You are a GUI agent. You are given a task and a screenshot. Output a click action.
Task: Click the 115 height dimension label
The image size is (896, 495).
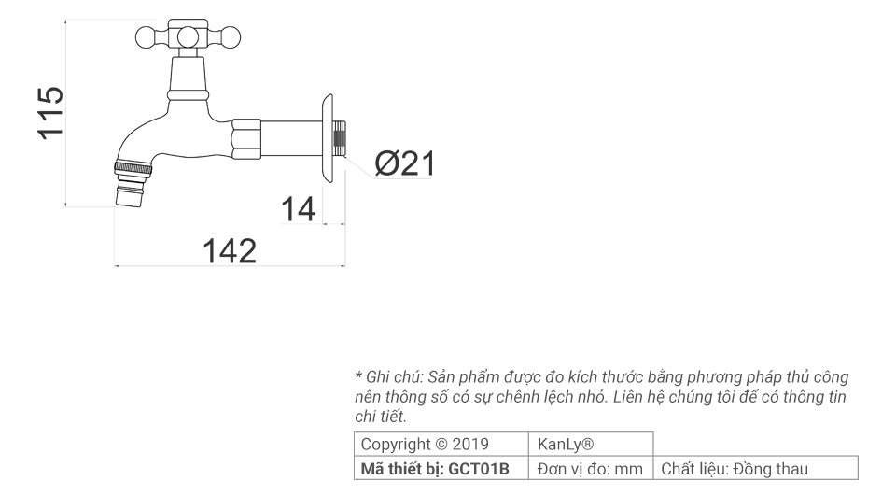point(50,112)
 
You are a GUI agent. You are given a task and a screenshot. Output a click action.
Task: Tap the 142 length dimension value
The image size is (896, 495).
point(230,250)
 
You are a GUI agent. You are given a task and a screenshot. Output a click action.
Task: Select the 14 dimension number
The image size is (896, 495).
point(300,209)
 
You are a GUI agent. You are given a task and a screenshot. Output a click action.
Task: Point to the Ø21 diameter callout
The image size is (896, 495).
point(405,164)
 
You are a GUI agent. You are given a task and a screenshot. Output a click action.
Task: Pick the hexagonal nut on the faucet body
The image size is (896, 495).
point(246,140)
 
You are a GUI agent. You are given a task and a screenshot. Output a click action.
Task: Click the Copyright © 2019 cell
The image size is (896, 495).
point(425,444)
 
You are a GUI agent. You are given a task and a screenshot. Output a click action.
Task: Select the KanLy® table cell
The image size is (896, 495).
point(567,444)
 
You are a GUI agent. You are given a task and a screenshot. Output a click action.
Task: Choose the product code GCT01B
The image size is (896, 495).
point(479,469)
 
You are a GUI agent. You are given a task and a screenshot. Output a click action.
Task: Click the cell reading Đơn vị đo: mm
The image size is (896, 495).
point(591,469)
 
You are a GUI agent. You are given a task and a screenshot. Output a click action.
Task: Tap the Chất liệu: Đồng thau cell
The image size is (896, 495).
point(735,469)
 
